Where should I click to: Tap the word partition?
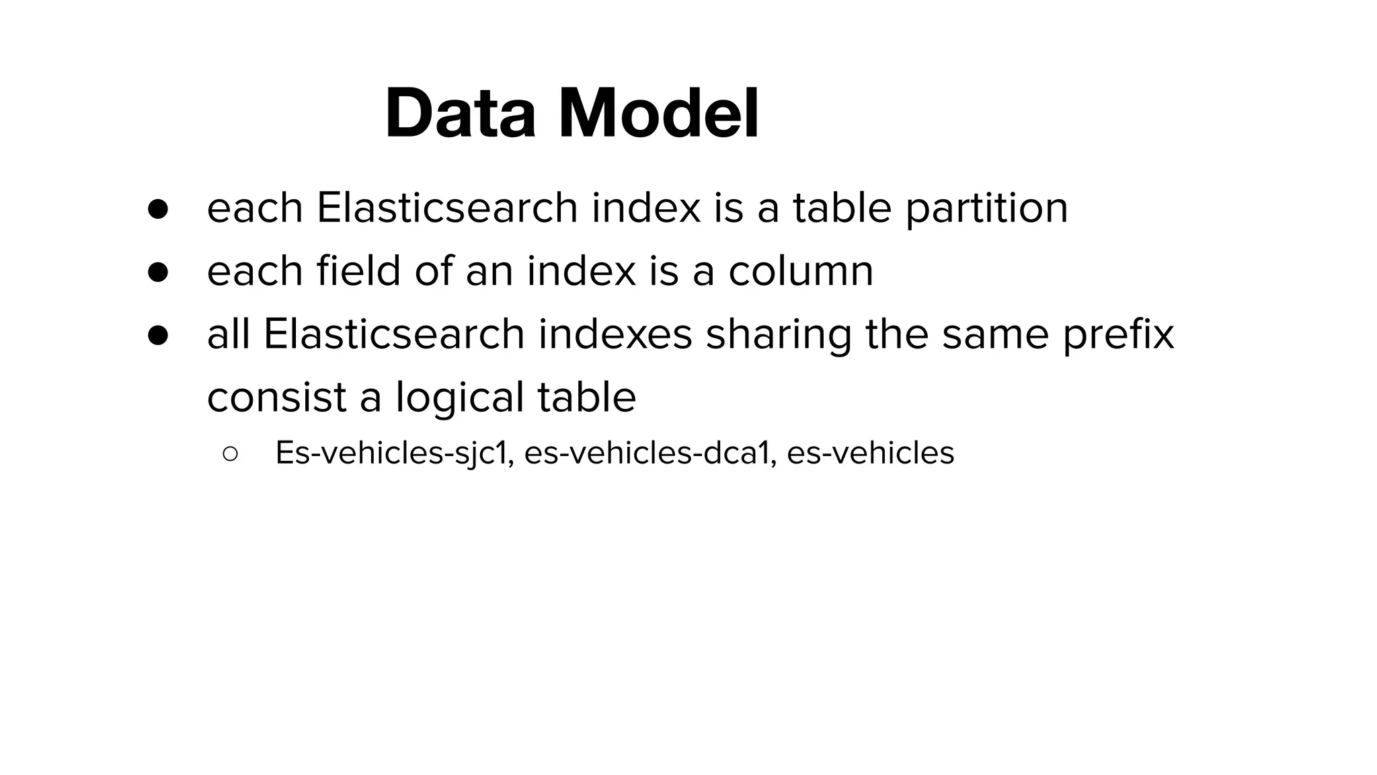[986, 209]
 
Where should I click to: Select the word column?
[801, 271]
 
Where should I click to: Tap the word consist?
[276, 398]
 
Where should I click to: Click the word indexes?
[615, 334]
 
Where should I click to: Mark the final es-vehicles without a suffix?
[870, 453]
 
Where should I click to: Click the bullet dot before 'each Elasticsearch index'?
[158, 209]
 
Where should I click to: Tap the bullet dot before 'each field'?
[158, 272]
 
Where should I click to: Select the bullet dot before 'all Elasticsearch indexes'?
[158, 335]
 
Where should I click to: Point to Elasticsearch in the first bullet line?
[447, 209]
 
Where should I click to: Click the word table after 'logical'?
[586, 398]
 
